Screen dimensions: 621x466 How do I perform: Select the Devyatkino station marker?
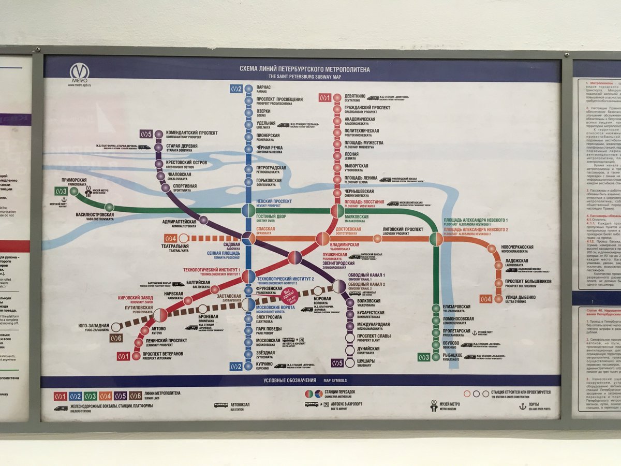[337, 97]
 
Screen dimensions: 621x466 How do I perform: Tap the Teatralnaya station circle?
[183, 238]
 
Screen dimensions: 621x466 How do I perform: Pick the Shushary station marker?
[350, 363]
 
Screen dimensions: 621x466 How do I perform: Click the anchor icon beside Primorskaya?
[64, 200]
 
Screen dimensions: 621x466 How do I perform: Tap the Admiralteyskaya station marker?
[203, 221]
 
